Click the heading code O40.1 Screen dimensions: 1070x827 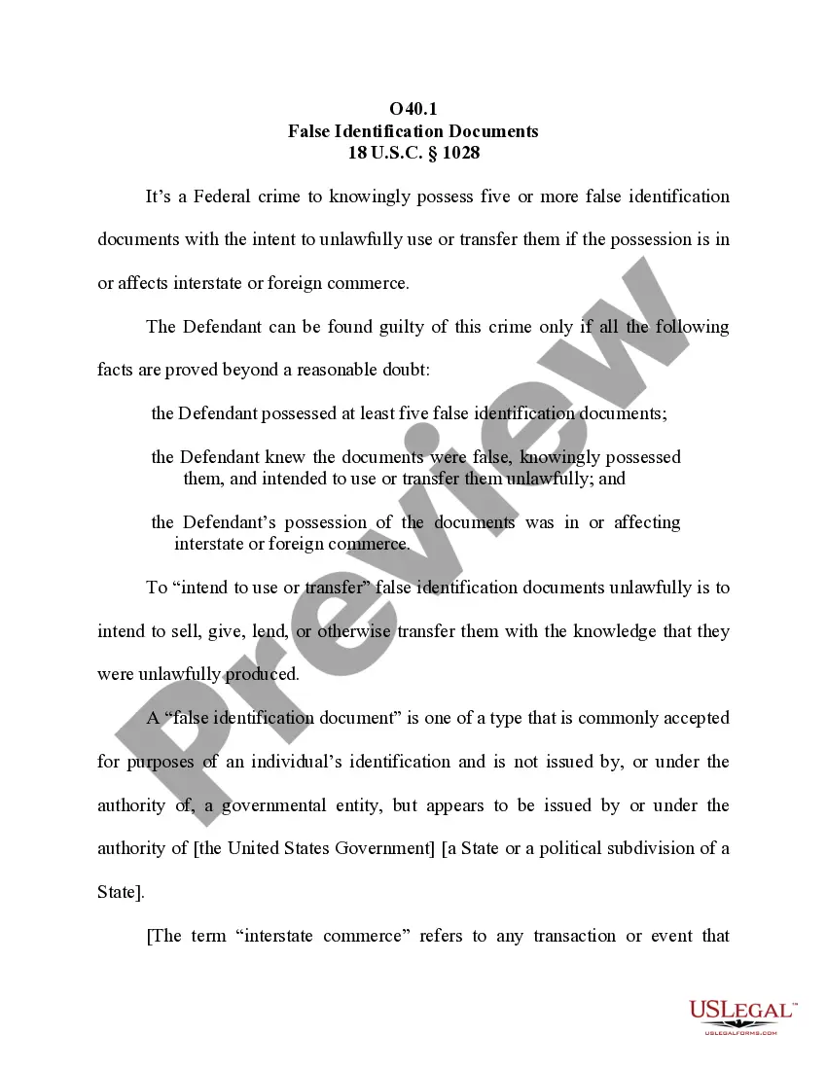point(413,109)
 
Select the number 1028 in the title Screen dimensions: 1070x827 point(459,153)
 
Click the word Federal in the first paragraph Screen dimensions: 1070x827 point(223,196)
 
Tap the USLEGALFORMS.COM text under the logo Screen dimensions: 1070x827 point(740,1032)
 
